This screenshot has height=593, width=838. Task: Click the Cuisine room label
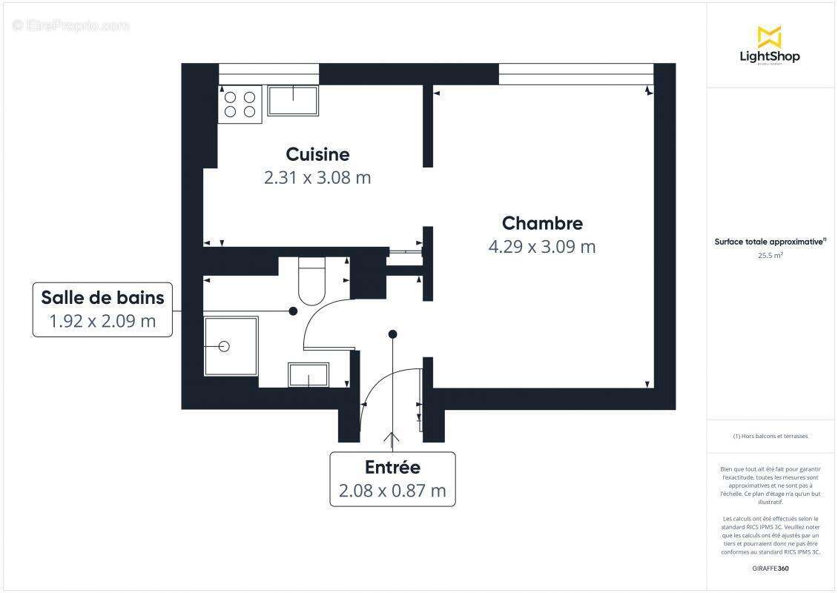[x=317, y=154]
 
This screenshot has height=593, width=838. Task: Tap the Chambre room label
[x=542, y=223]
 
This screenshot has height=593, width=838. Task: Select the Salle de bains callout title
[x=102, y=297]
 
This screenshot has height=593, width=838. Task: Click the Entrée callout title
[x=392, y=468]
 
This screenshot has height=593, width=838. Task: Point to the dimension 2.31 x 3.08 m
[x=317, y=178]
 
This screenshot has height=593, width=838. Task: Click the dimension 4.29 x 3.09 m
[x=542, y=247]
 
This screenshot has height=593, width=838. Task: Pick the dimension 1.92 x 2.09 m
[x=102, y=322]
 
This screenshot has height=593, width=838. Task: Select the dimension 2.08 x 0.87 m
[x=392, y=491]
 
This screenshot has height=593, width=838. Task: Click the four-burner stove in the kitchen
[x=240, y=105]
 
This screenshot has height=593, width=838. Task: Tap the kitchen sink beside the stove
[x=293, y=101]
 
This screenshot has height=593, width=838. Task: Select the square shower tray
[x=231, y=346]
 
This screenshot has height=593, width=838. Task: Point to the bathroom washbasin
[x=309, y=375]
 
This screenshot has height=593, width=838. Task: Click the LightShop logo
[x=770, y=46]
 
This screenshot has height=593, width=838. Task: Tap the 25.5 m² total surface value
[x=771, y=255]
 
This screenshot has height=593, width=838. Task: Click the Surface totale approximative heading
[x=770, y=242]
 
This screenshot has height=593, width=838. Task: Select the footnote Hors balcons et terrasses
[x=771, y=436]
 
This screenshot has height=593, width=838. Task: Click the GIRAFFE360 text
[x=771, y=569]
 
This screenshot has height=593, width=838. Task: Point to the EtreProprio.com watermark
[x=71, y=25]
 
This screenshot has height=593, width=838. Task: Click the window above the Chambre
[x=575, y=74]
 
